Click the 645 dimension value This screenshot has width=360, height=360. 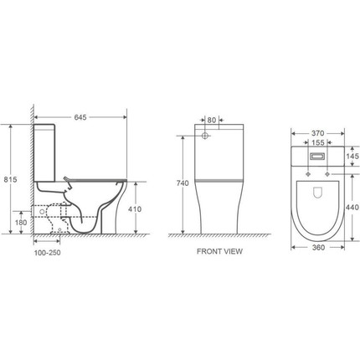click(x=80, y=117)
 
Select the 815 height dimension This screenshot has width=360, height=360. click(x=10, y=179)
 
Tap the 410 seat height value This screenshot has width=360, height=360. click(x=135, y=208)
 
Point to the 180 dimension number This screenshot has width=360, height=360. click(x=21, y=223)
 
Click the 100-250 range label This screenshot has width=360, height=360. click(x=47, y=253)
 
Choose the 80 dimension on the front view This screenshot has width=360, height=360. click(x=212, y=120)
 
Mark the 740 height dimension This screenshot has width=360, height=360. click(x=183, y=183)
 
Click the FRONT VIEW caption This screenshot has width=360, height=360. click(x=219, y=251)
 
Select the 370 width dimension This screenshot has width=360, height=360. click(x=317, y=133)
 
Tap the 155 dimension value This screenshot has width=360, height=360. click(x=317, y=142)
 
